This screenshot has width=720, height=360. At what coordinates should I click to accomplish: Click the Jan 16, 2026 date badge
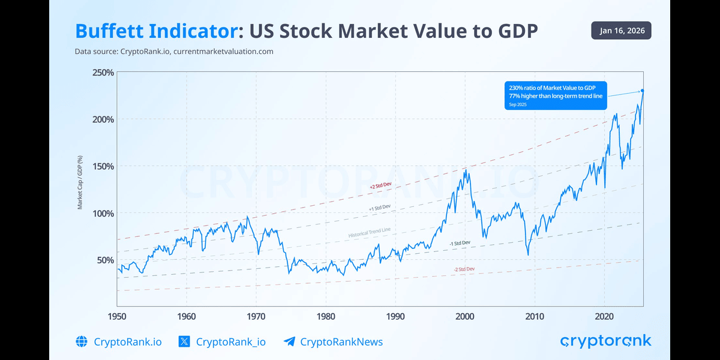click(x=621, y=31)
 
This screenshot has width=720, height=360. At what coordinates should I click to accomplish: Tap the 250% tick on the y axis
click(x=103, y=73)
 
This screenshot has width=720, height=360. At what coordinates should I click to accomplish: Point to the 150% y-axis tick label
click(x=103, y=166)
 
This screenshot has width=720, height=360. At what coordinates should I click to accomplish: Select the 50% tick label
click(x=105, y=260)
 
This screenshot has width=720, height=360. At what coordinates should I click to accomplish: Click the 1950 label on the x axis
click(x=117, y=316)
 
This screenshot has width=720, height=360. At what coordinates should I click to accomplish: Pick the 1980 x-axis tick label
click(x=326, y=316)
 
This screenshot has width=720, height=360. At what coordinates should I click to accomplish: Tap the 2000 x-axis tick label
click(x=465, y=316)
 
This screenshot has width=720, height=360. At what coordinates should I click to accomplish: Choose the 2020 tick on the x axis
click(x=604, y=316)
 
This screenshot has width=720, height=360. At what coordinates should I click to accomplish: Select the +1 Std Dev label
click(x=379, y=207)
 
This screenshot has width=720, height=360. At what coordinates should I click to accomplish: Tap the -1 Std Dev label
click(x=460, y=243)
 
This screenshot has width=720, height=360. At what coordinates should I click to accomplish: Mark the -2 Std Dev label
click(x=464, y=269)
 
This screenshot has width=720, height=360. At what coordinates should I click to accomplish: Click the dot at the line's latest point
click(x=643, y=91)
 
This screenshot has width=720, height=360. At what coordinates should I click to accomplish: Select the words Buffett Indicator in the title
click(x=154, y=32)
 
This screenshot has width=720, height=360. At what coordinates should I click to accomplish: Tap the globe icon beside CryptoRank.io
click(x=82, y=342)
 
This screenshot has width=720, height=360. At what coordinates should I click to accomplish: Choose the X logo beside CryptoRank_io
click(x=184, y=342)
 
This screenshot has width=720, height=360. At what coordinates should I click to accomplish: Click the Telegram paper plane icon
click(x=289, y=342)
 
